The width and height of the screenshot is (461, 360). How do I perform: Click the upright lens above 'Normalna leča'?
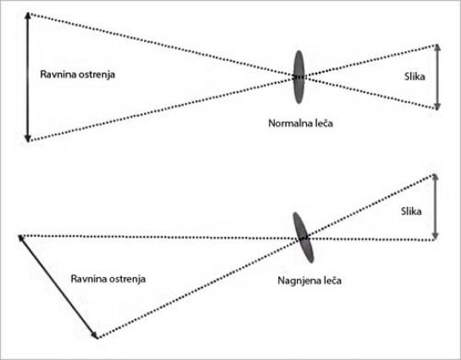pos(299,77)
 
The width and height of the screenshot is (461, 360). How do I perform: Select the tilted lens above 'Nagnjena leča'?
pos(304,237)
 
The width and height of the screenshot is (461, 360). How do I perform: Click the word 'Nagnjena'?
pos(296,281)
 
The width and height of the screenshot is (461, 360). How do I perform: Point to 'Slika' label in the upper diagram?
pos(414,77)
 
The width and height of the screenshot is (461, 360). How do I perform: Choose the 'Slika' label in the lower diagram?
pos(411,211)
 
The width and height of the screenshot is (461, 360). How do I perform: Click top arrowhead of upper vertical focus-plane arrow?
pos(28,15)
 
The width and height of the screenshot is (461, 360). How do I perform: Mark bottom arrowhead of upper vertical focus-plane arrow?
pos(28,139)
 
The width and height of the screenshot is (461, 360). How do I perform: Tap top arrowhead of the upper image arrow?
pos(437,47)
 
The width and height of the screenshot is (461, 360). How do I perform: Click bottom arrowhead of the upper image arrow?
pos(437,106)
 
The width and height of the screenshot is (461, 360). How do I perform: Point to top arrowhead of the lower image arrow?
pos(435,177)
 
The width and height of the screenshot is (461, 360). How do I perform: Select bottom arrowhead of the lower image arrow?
pos(435,237)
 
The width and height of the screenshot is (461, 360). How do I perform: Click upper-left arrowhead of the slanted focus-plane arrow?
pos(20,238)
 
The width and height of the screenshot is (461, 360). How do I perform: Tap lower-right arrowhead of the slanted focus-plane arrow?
pos(95,335)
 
